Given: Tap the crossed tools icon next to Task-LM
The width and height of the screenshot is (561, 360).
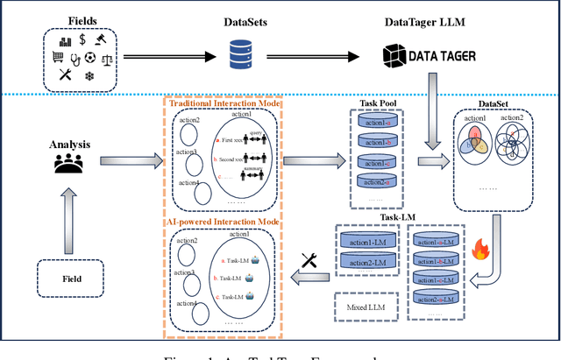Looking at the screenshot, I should tap(309, 260).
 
